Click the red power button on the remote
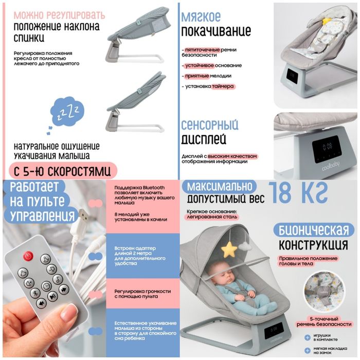tap(28, 255)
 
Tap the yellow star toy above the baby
tap(229, 249)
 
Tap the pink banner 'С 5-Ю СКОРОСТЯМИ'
tap(63, 169)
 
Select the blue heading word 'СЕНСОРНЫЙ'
tap(209, 125)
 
